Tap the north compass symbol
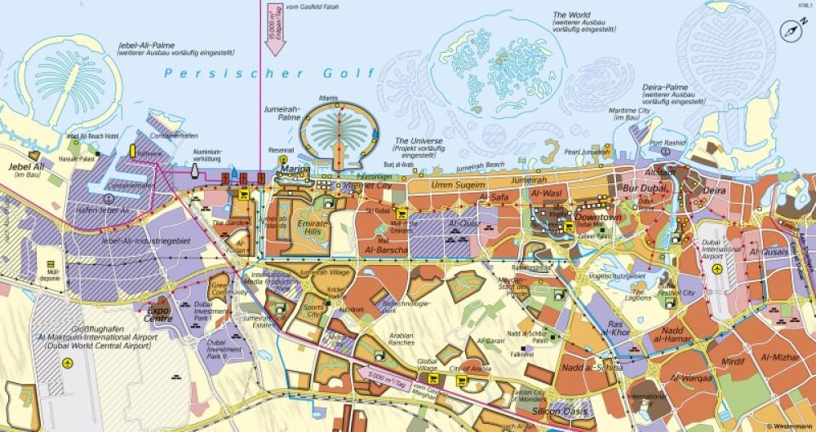click(790, 30)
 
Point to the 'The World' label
click(571, 15)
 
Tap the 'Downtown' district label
click(598, 218)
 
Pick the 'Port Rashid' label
click(667, 144)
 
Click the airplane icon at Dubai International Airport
click(717, 268)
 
